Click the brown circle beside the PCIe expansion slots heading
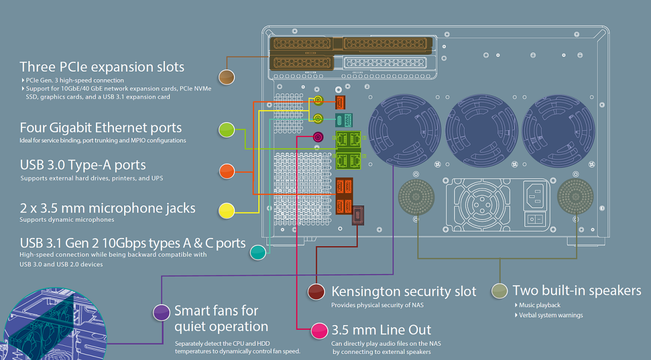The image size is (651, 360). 227,77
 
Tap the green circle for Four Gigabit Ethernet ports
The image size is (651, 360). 227,130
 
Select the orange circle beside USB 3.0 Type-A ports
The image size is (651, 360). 227,171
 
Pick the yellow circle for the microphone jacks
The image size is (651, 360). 227,211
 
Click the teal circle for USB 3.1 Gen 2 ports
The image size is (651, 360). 258,252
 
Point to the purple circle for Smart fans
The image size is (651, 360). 162,313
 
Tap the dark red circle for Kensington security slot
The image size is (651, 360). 316,291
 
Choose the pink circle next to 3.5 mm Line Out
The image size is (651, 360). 319,331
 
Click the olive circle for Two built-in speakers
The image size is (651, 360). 499,291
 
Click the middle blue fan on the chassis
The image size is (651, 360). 482,131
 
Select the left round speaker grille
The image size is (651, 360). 416,197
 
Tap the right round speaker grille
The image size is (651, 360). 575,196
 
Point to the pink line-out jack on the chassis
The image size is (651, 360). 318,137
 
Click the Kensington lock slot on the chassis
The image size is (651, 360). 358,215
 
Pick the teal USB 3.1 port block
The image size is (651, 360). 344,120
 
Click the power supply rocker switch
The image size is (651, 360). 535,219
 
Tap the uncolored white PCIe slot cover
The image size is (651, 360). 385,63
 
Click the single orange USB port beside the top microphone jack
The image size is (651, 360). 340,102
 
